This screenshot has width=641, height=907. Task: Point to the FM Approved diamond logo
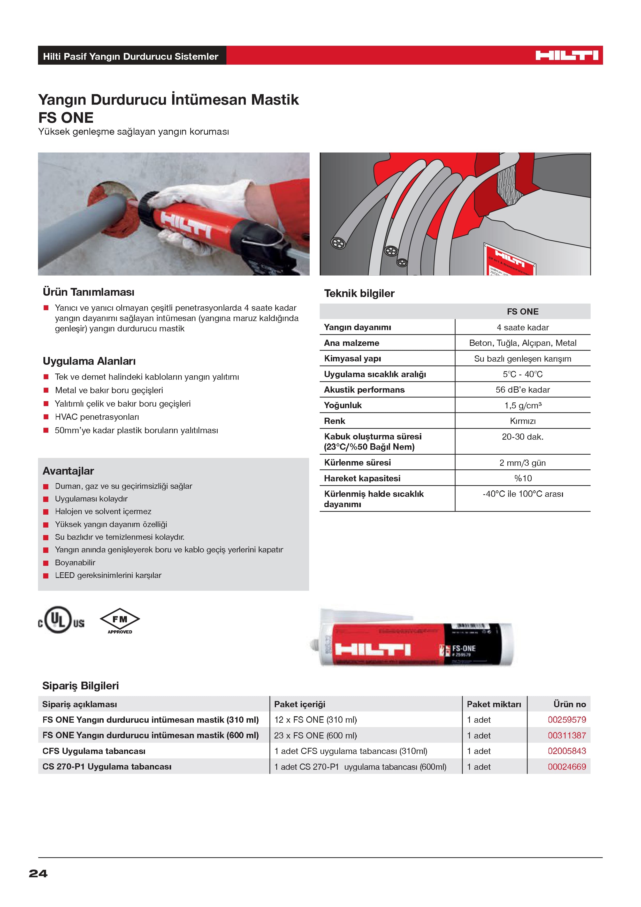120,620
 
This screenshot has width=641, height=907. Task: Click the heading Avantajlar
68,471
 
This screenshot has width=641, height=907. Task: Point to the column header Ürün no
569,704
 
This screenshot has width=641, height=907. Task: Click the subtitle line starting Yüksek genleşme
133,132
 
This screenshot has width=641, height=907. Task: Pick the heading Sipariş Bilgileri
81,686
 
